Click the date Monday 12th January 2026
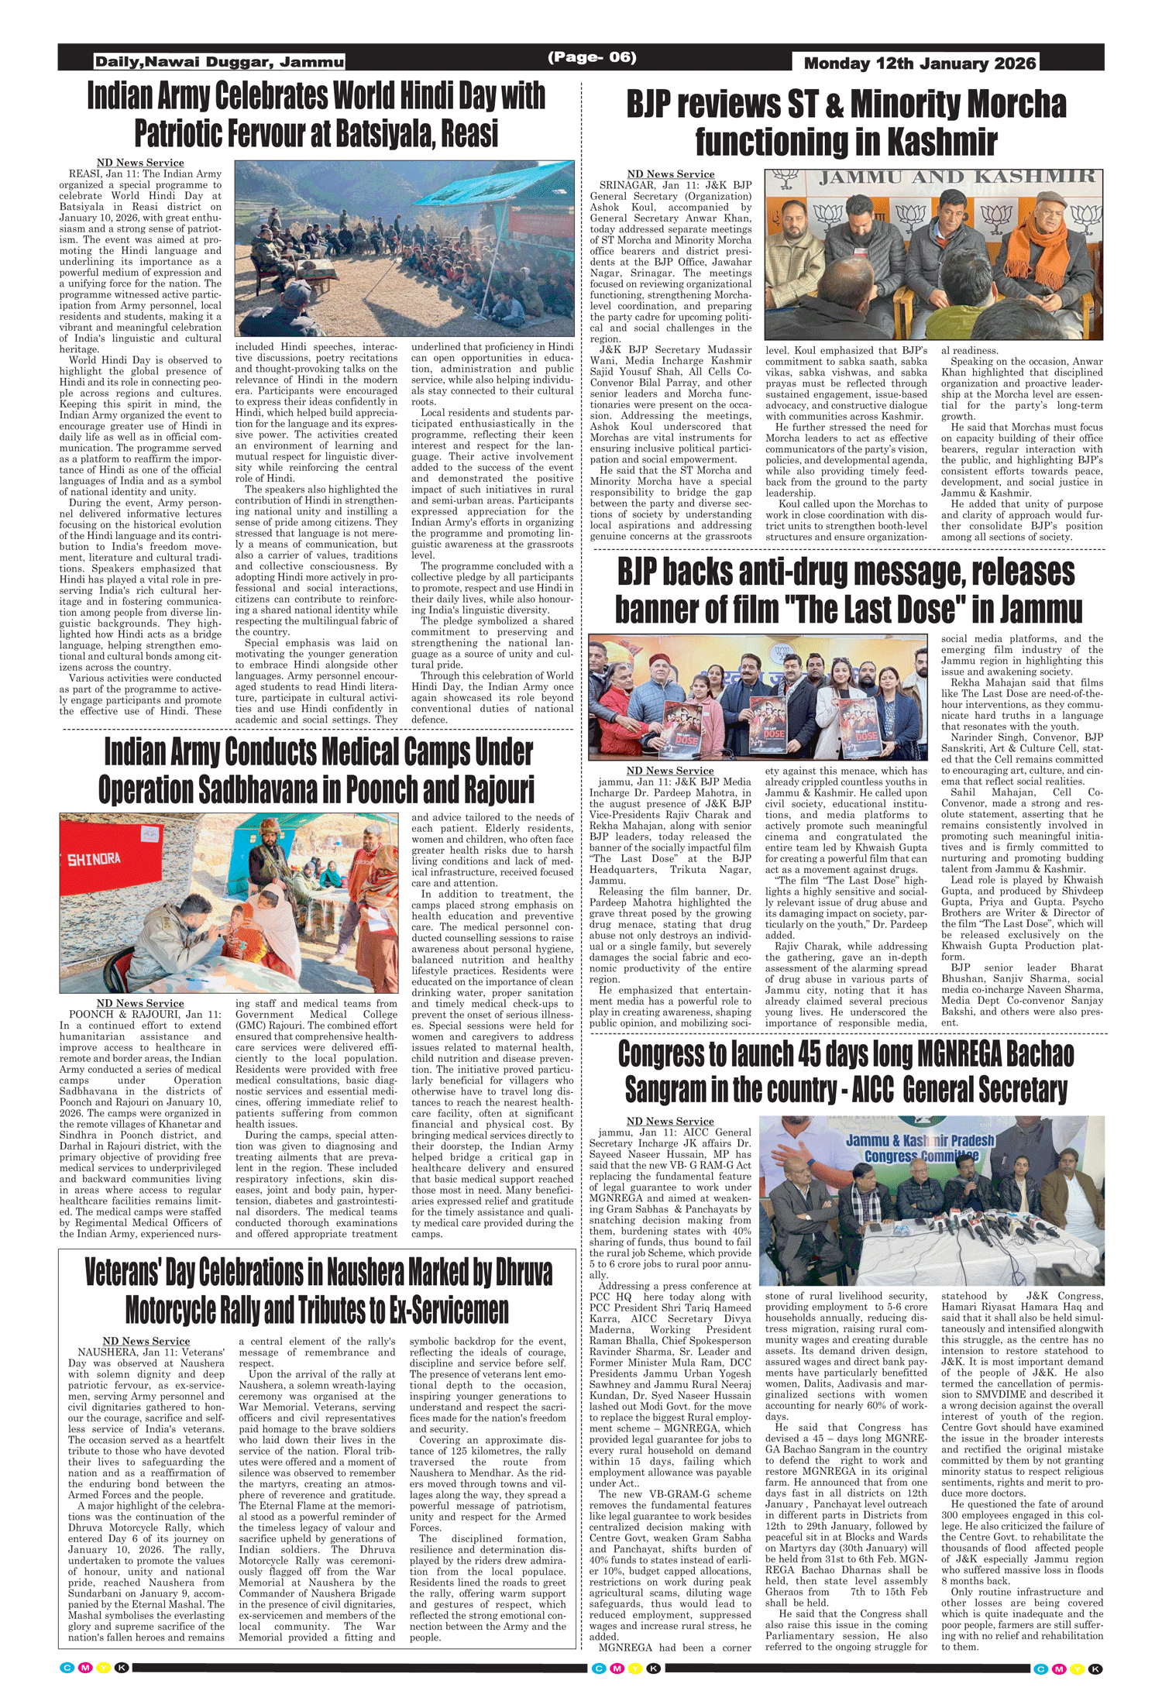920,64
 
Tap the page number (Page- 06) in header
592,57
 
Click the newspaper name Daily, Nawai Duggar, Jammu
219,62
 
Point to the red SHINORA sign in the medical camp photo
94,860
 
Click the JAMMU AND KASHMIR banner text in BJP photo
957,177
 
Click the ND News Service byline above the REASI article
140,163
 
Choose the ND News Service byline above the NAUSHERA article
146,1341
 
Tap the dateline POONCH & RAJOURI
123,1014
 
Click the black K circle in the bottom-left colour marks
122,1668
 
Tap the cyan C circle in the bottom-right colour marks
1040,1668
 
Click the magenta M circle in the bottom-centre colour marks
617,1668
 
